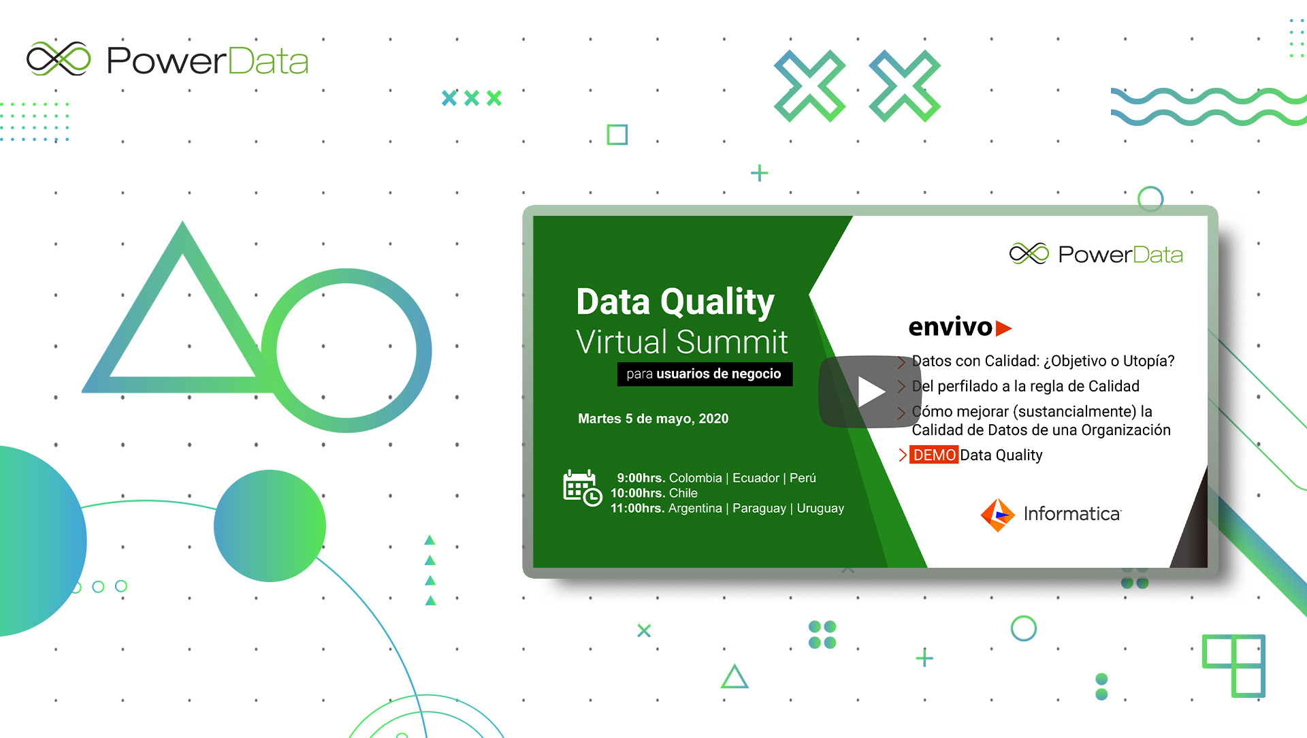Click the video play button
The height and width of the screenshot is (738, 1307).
[x=870, y=391]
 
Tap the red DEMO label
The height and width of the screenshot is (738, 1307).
[x=934, y=455]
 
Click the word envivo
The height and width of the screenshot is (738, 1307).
[x=950, y=327]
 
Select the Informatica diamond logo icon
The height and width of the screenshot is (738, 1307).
[x=997, y=515]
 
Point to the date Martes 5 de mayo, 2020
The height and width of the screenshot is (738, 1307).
[x=653, y=419]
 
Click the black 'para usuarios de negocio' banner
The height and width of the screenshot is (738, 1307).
[x=705, y=374]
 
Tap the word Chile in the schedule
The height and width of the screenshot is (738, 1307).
[x=683, y=493]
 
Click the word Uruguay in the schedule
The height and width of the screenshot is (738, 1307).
[x=820, y=509]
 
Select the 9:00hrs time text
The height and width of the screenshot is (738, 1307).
[x=641, y=478]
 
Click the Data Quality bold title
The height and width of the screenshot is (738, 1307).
[x=675, y=302]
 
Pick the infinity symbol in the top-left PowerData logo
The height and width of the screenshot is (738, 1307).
[x=59, y=59]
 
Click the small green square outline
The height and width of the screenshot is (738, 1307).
[x=617, y=134]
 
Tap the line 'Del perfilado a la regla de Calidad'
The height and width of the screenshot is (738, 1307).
[x=1025, y=386]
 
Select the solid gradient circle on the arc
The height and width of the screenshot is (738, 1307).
[x=270, y=526]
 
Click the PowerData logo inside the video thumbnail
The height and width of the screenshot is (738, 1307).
[x=1096, y=254]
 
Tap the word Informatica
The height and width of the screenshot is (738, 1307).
[x=1072, y=514]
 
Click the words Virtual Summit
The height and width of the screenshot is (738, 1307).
[x=682, y=342]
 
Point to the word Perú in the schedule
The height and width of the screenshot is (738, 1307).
[x=803, y=478]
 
